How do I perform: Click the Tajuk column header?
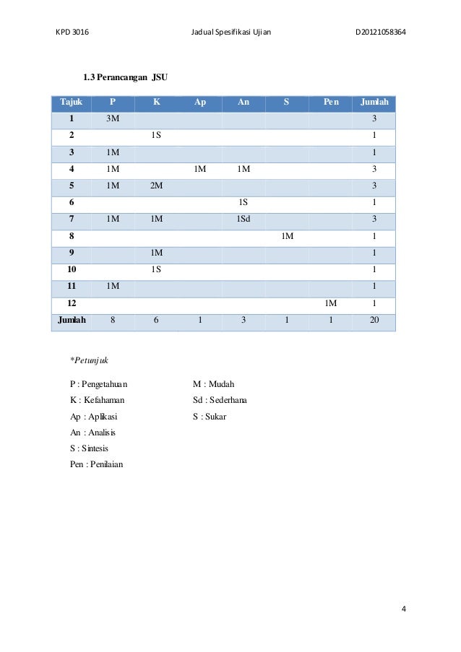(x=72, y=103)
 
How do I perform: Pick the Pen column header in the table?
(x=330, y=103)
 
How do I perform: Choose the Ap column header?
(x=200, y=103)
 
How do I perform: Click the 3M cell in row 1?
(x=113, y=118)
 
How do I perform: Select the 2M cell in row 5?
(x=156, y=184)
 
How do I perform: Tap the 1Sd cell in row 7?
(x=244, y=218)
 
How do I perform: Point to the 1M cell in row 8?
(x=287, y=235)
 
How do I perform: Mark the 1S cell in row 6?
(x=244, y=201)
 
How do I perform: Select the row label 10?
(x=72, y=268)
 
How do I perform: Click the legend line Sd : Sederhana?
(x=217, y=400)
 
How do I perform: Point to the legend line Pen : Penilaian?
(x=96, y=464)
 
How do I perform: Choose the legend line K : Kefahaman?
(x=98, y=400)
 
